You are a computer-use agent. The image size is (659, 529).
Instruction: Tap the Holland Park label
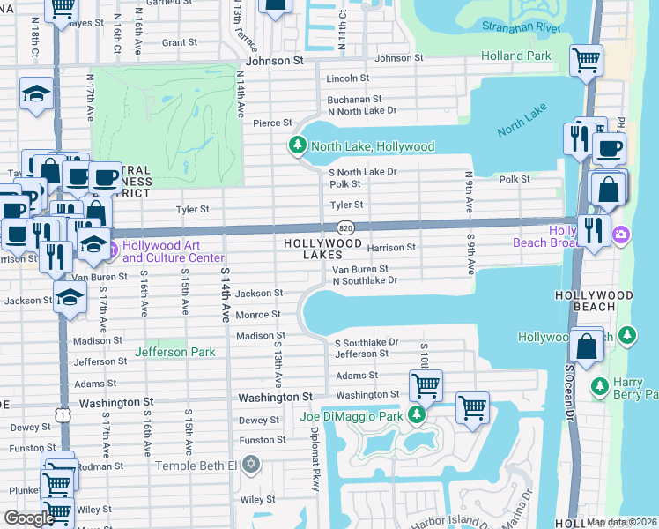516,56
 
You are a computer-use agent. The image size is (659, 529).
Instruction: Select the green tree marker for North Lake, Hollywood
298,145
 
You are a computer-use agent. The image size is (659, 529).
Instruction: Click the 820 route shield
345,227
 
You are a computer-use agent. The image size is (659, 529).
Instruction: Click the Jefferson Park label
174,352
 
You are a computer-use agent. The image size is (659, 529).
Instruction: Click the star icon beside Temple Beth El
250,464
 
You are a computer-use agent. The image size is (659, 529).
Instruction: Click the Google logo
29,518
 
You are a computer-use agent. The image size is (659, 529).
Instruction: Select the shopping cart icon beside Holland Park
586,60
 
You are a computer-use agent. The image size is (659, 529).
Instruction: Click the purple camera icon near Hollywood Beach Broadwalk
622,235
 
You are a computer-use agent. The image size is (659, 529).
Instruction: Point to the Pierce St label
272,123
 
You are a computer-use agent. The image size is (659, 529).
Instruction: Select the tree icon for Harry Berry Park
599,386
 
